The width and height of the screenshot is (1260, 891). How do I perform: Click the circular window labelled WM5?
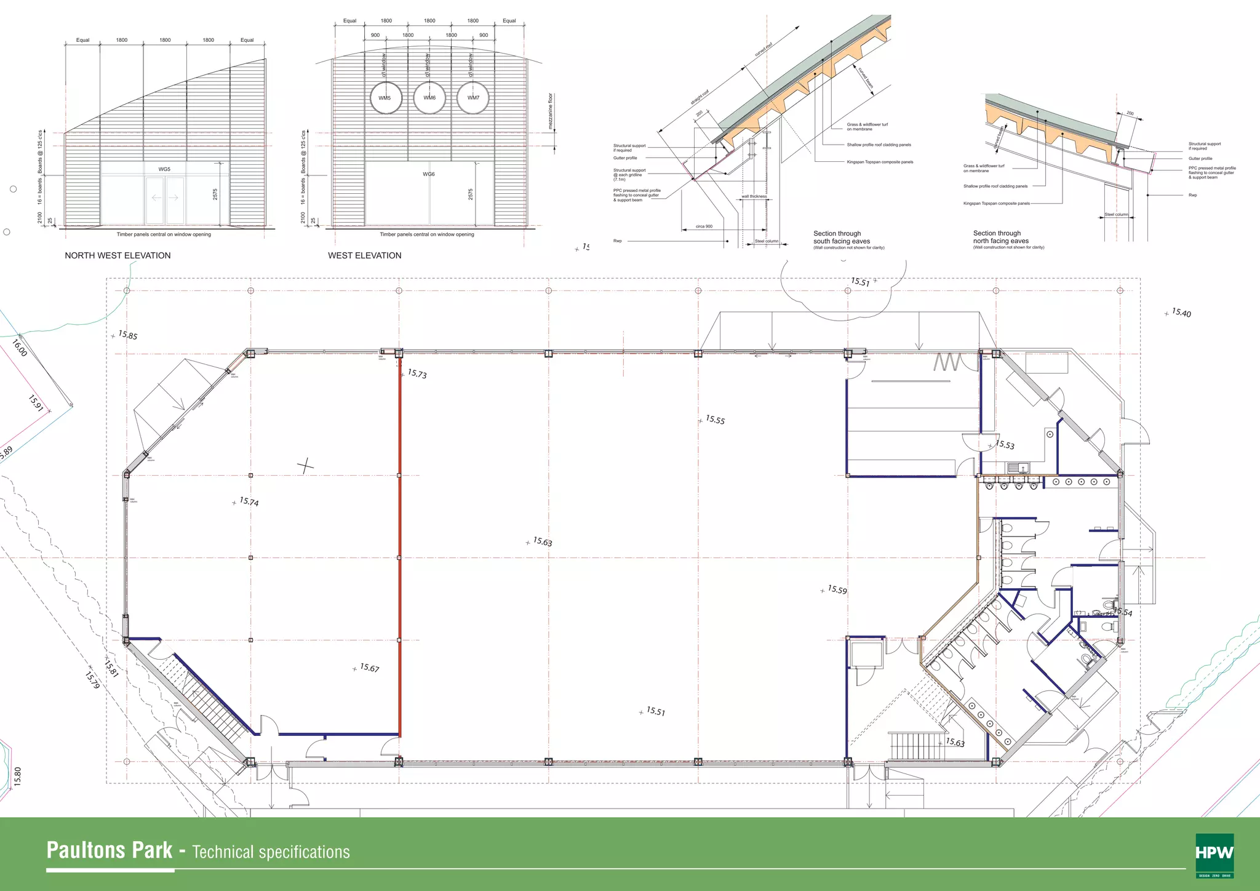(386, 98)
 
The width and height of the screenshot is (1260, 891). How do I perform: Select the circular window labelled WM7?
(472, 98)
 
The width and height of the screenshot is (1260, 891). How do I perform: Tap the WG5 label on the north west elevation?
(164, 169)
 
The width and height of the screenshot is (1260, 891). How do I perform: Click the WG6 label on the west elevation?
(429, 174)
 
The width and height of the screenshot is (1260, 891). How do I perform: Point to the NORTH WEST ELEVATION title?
(118, 255)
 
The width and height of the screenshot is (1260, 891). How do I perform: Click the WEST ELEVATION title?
(364, 255)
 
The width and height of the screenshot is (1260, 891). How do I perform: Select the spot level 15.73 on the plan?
(417, 374)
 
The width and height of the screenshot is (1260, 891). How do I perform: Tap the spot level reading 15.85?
(127, 335)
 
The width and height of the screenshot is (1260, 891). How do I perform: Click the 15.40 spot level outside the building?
(1181, 313)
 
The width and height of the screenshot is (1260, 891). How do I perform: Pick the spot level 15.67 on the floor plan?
(369, 668)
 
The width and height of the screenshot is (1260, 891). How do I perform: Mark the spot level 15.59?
(837, 589)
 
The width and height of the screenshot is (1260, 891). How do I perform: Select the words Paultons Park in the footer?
(110, 850)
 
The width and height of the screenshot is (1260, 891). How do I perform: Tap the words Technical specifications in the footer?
(271, 852)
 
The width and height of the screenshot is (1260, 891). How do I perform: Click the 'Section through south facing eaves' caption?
(842, 238)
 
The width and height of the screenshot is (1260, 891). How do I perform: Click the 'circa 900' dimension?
(704, 226)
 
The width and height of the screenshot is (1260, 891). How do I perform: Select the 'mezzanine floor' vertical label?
(551, 111)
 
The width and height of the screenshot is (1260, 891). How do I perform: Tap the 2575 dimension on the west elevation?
(471, 194)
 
